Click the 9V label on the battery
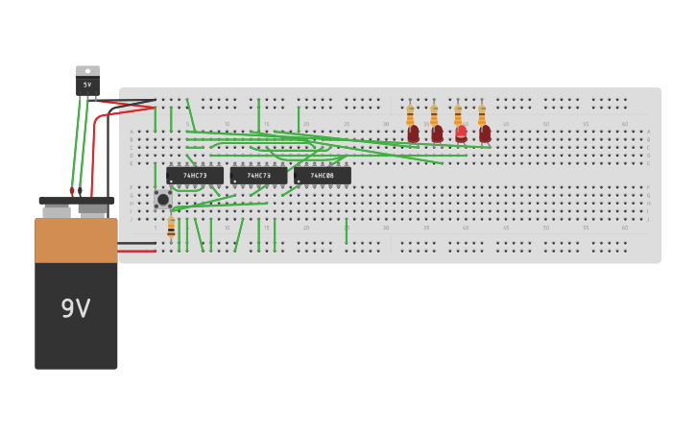click(76, 308)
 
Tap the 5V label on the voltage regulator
click(87, 85)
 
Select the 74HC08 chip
click(323, 176)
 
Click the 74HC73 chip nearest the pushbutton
click(195, 176)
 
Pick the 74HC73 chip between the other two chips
click(258, 176)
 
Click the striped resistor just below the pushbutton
click(171, 228)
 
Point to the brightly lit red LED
click(461, 133)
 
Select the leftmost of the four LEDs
click(413, 133)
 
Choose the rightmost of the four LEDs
click(485, 133)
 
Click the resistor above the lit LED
click(458, 114)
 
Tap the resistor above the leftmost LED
click(410, 114)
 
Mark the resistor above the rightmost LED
click(482, 114)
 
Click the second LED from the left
click(437, 133)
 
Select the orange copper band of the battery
click(76, 240)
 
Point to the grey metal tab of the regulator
click(87, 70)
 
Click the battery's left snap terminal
click(57, 209)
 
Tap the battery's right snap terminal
click(92, 208)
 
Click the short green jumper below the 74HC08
click(347, 230)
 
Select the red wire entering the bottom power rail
click(137, 251)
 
